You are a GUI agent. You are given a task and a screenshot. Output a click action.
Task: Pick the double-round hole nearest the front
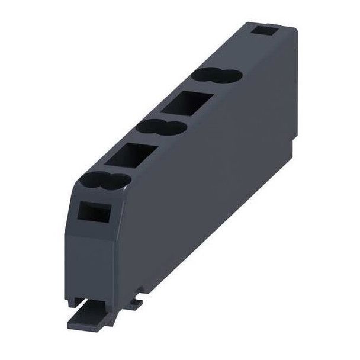pos(107,180)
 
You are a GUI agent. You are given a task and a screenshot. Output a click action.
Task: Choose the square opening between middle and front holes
pos(132,156)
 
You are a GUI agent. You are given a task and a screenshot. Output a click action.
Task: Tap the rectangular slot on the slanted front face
pos(94,212)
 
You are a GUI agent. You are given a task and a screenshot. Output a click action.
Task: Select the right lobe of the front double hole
pos(118,181)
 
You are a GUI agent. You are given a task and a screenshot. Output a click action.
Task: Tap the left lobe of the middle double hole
pos(151,126)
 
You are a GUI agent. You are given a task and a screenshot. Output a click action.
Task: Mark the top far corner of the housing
pos(294,27)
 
